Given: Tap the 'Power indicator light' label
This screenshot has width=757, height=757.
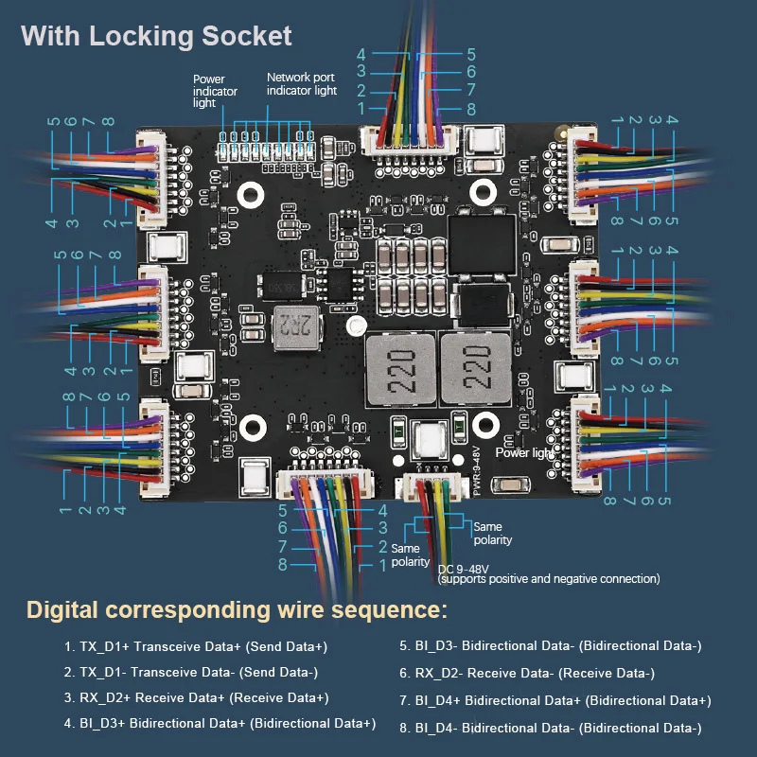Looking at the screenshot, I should coord(215,91).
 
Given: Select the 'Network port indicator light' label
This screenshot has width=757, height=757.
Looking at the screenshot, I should coord(302,84).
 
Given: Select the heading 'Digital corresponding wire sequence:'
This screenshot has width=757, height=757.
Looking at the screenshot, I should coord(237,609).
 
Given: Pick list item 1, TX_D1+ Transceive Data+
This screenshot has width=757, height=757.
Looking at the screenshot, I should coord(196,646).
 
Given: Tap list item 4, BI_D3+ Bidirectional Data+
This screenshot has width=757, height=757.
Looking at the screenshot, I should coord(220,724).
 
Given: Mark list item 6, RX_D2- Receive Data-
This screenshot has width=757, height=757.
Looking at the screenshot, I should coord(535,673).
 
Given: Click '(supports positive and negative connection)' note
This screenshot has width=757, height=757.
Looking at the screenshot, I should coord(550,579).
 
